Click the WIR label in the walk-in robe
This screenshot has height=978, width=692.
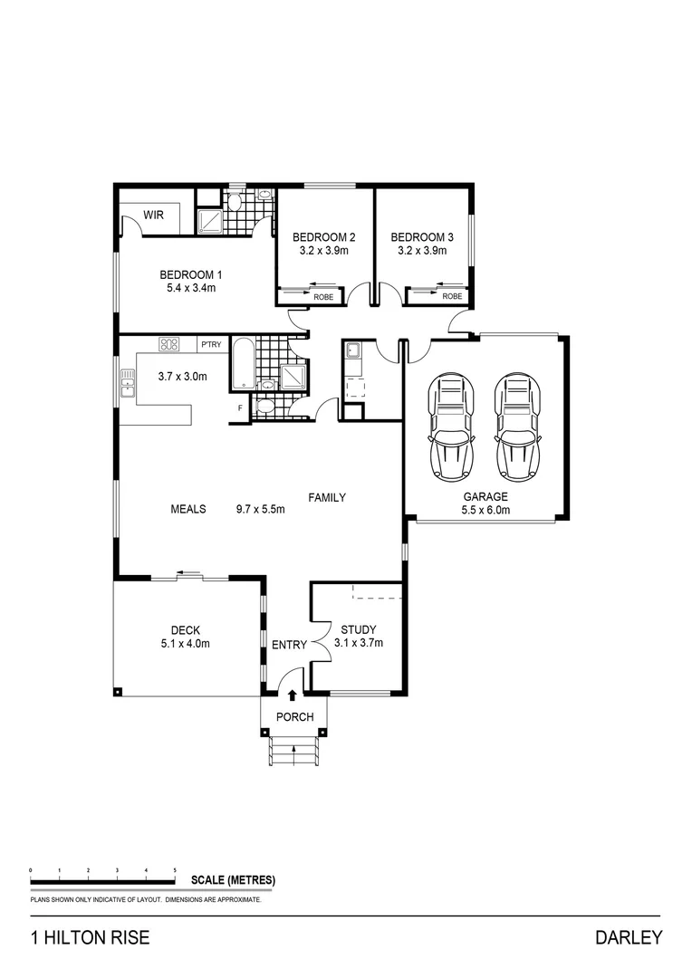tap(151, 216)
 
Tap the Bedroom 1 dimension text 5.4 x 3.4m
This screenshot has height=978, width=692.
tap(190, 288)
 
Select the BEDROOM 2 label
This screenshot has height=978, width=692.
tap(323, 237)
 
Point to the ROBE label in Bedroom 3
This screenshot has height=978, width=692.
tap(452, 296)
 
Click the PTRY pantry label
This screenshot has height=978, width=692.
tap(211, 344)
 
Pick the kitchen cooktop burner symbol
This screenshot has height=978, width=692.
tap(169, 344)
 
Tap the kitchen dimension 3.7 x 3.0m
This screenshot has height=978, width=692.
tap(182, 377)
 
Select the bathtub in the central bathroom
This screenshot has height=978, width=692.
tap(242, 363)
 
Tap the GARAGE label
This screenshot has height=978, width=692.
tap(485, 497)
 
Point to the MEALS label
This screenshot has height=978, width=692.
tap(188, 509)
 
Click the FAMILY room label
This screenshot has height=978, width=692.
tap(327, 497)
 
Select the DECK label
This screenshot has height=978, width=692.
tap(185, 631)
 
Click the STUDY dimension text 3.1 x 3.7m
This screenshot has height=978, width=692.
tap(359, 644)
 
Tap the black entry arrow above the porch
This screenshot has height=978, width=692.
tap(293, 695)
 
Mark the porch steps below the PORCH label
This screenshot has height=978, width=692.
tap(294, 752)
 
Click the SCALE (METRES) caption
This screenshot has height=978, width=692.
tap(233, 880)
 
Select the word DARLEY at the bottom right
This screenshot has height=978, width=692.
tap(629, 938)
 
